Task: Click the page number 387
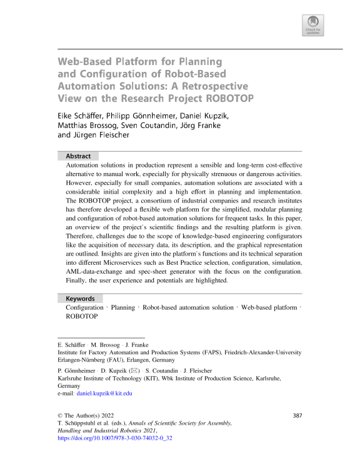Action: (298, 415)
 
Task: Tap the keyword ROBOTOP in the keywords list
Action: (81, 317)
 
